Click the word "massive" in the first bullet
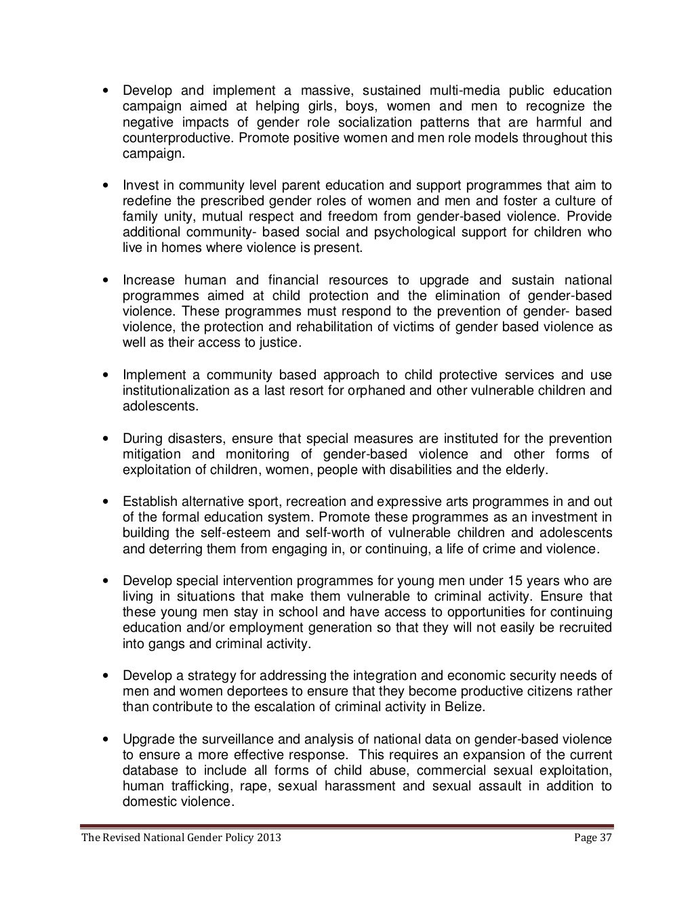pyautogui.click(x=321, y=91)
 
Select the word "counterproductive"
pyautogui.click(x=173, y=138)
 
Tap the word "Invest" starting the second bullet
pyautogui.click(x=140, y=186)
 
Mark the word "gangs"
pyautogui.click(x=161, y=643)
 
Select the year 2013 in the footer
pyautogui.click(x=268, y=838)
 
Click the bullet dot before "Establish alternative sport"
pyautogui.click(x=105, y=502)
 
